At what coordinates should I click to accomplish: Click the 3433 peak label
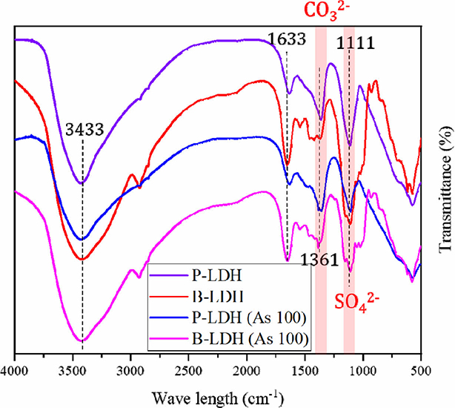pyautogui.click(x=84, y=129)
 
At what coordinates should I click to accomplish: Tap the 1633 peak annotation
pyautogui.click(x=287, y=39)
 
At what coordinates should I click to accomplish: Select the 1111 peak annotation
pyautogui.click(x=356, y=44)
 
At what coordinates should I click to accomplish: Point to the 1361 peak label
pyautogui.click(x=319, y=260)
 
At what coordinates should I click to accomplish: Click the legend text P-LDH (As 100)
pyautogui.click(x=249, y=318)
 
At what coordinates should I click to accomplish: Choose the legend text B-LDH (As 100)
pyautogui.click(x=250, y=339)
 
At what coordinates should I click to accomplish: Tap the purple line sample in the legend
pyautogui.click(x=168, y=276)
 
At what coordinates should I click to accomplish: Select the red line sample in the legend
pyautogui.click(x=168, y=297)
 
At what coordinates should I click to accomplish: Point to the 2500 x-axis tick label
pyautogui.click(x=189, y=372)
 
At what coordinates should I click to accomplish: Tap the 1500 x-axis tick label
pyautogui.click(x=305, y=372)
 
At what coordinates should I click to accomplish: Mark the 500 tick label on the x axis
pyautogui.click(x=421, y=372)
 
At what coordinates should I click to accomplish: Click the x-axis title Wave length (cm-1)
pyautogui.click(x=217, y=398)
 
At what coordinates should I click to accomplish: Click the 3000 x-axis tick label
pyautogui.click(x=130, y=372)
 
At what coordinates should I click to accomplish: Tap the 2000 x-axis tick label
pyautogui.click(x=247, y=372)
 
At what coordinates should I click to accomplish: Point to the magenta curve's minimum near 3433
pyautogui.click(x=82, y=340)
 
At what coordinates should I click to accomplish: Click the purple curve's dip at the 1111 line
pyautogui.click(x=350, y=145)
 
